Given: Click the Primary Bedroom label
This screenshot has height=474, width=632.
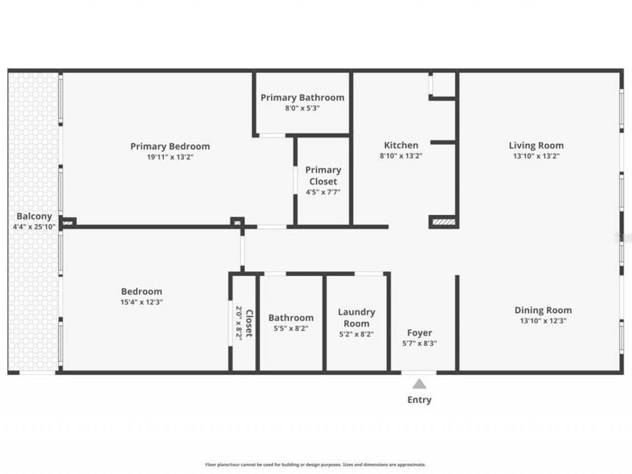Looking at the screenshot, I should pyautogui.click(x=170, y=146).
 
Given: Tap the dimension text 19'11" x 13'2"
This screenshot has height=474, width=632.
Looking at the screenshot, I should pyautogui.click(x=170, y=157).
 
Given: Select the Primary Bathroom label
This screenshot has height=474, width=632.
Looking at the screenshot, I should pyautogui.click(x=303, y=98).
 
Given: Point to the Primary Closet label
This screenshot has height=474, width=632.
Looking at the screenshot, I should pyautogui.click(x=323, y=176).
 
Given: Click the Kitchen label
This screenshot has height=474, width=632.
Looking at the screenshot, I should pyautogui.click(x=400, y=145).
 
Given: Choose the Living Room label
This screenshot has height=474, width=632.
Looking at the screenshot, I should pyautogui.click(x=536, y=145).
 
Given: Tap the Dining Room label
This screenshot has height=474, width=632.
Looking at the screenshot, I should pyautogui.click(x=543, y=310).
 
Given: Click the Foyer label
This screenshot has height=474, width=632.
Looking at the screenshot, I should pyautogui.click(x=420, y=333).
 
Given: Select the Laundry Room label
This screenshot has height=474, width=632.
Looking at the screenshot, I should pyautogui.click(x=357, y=317).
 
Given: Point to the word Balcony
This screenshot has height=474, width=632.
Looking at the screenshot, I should pyautogui.click(x=33, y=216).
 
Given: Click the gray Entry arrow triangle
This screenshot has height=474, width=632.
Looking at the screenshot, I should pyautogui.click(x=419, y=383).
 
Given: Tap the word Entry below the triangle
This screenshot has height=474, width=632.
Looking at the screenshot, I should pyautogui.click(x=419, y=400).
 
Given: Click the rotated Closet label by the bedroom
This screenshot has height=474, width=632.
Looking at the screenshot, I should pyautogui.click(x=249, y=322).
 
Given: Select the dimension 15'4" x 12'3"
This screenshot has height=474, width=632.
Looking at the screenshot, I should pyautogui.click(x=141, y=302).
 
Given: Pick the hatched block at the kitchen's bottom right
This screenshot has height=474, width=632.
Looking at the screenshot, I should pyautogui.click(x=444, y=222).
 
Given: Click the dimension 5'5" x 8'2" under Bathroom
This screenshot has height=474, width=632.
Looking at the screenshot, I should pyautogui.click(x=291, y=328).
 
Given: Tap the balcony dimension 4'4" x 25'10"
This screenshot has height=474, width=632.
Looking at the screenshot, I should pyautogui.click(x=33, y=227).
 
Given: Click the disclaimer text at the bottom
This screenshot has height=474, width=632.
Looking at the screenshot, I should pyautogui.click(x=315, y=464).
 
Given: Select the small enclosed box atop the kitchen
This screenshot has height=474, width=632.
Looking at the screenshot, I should pyautogui.click(x=442, y=84).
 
